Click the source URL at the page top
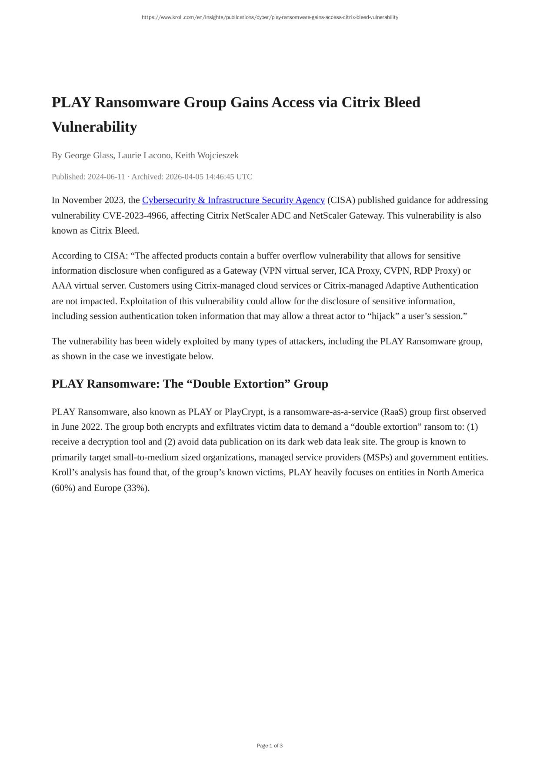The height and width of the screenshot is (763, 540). click(x=270, y=17)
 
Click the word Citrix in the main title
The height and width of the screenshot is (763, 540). click(x=360, y=103)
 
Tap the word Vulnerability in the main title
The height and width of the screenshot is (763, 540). click(x=94, y=127)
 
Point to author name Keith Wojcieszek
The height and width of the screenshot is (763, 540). click(x=207, y=155)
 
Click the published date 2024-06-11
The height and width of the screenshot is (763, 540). click(x=106, y=176)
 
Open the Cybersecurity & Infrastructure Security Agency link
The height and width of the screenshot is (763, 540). click(x=233, y=200)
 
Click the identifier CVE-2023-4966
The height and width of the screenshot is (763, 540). click(x=134, y=216)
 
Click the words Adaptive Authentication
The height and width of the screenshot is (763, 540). click(x=431, y=285)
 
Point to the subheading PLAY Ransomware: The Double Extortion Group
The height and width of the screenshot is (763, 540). click(x=190, y=384)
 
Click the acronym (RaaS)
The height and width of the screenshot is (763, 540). click(x=393, y=411)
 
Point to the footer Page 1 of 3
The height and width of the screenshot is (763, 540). click(x=270, y=746)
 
